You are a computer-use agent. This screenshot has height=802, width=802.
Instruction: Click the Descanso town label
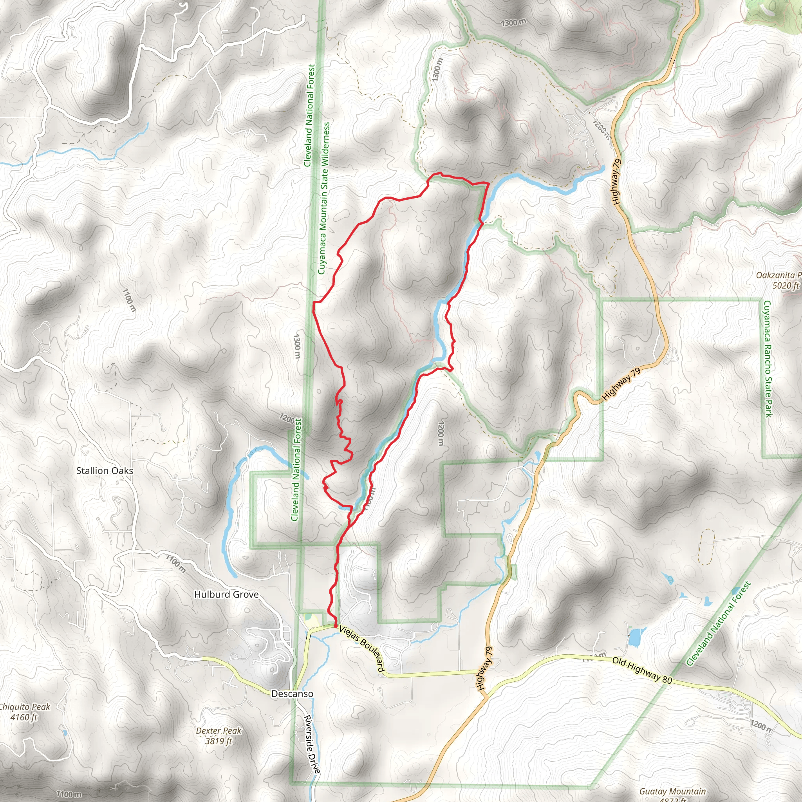pos(292,694)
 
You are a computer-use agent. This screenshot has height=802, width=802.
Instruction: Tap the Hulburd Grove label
pos(226,594)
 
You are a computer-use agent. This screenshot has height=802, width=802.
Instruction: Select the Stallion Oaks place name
pos(105,471)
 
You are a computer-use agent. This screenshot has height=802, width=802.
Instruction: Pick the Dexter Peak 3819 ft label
pos(219,735)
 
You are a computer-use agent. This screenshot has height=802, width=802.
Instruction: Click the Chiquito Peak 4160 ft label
pos(24,712)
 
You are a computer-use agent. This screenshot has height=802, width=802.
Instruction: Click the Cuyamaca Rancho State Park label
pos(768,359)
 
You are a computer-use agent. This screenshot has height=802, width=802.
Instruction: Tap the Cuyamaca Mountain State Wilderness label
pos(324,198)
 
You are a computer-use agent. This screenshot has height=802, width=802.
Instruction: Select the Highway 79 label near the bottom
pos(484,668)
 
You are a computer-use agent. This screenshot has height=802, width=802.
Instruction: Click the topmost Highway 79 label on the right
pos(617,181)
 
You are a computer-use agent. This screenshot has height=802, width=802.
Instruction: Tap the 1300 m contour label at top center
pos(513,22)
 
